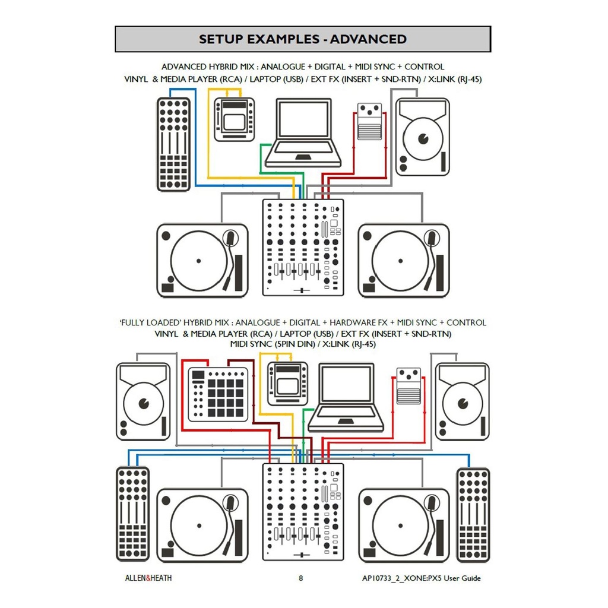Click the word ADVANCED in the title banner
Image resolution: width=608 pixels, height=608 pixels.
pos(368,39)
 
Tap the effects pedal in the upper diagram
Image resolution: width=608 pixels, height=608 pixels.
pos(369,121)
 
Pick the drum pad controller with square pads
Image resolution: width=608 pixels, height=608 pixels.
pos(218,395)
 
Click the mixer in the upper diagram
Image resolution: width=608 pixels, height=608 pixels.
pos(303,248)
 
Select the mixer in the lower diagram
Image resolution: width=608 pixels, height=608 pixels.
pos(303,512)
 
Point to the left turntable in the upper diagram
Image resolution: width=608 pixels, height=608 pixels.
pos(202,261)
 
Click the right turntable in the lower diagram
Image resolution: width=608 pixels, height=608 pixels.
pos(404,525)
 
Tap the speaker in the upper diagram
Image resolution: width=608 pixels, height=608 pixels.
pos(423,137)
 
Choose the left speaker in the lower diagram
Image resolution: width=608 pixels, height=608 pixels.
pos(143,402)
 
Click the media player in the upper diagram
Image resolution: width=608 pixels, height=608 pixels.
pos(234,119)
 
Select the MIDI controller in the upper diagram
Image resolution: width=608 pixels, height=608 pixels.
pos(174,144)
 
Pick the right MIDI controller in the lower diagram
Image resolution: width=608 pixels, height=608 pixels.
pos(473,515)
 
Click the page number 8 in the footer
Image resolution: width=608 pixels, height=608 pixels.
pos(301,578)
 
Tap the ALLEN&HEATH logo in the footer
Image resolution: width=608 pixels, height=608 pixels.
pos(148,578)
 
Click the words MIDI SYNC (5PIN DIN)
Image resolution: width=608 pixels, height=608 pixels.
pos(273,344)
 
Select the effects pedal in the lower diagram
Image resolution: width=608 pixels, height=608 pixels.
pos(408,386)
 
